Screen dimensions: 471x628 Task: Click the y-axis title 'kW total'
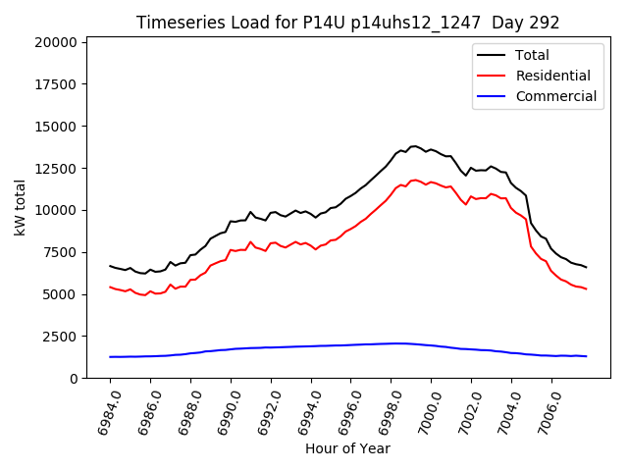point(20,208)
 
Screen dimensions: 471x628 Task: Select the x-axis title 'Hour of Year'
point(347,448)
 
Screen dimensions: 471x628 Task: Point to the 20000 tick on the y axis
point(57,42)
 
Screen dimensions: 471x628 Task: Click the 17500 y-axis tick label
point(57,84)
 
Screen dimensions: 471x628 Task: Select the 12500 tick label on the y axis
point(57,169)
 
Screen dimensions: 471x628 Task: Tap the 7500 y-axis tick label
point(61,252)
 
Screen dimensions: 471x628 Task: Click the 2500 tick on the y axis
point(61,337)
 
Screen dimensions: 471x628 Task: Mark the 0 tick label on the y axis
point(74,379)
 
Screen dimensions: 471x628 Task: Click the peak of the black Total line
point(413,146)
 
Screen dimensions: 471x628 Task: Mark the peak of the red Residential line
point(415,180)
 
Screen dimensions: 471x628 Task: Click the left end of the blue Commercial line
point(110,357)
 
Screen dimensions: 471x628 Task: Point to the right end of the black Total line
point(586,267)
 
